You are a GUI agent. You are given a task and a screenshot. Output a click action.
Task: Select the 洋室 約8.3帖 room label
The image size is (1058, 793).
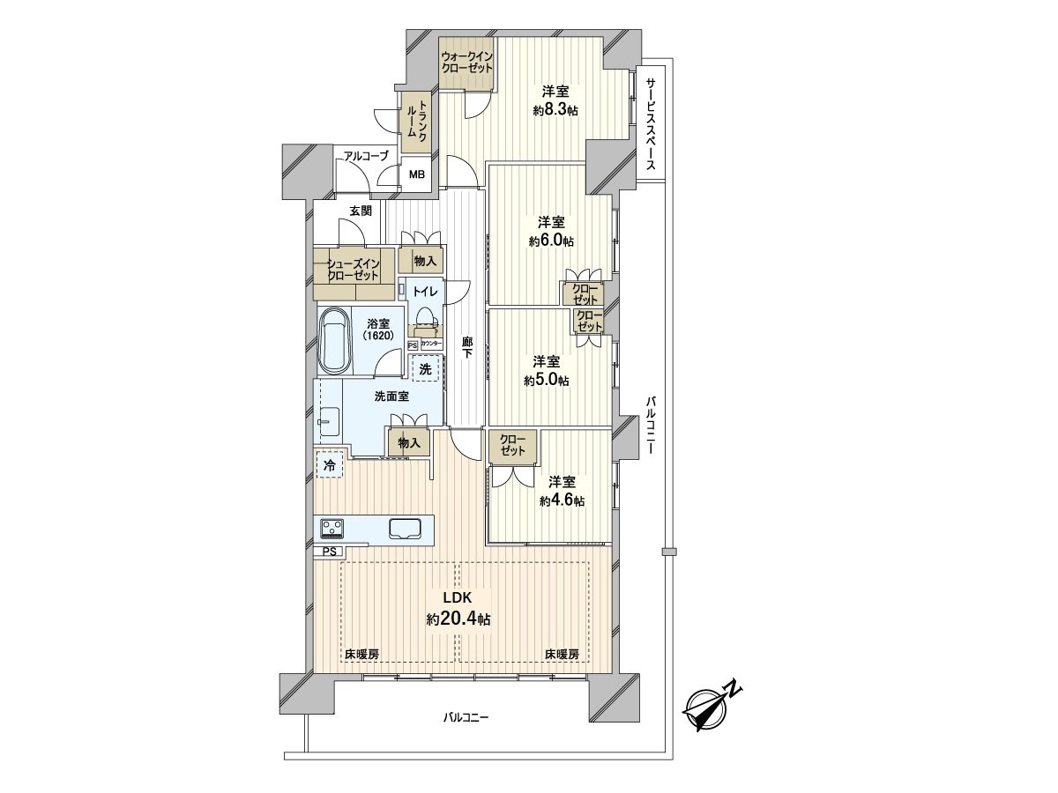click(555, 100)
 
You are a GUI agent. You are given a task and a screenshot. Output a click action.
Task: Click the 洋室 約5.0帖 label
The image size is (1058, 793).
click(547, 371)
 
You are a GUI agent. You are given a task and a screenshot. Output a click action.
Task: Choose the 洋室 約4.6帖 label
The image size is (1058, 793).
click(562, 491)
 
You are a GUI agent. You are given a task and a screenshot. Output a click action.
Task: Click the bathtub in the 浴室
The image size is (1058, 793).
click(336, 343)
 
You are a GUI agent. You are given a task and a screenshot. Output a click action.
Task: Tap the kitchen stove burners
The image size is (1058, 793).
click(333, 529)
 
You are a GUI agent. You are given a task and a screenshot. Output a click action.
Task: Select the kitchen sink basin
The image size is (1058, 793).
click(406, 529)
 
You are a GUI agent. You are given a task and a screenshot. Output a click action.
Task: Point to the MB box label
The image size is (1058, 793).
click(416, 174)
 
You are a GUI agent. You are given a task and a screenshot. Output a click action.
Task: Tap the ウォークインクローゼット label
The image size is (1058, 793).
click(467, 62)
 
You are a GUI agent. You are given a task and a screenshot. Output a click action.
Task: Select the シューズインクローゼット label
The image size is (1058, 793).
click(354, 269)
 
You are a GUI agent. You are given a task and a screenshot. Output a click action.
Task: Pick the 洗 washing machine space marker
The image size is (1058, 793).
click(426, 369)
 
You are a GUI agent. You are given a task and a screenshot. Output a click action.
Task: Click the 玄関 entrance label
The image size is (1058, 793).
click(360, 211)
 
